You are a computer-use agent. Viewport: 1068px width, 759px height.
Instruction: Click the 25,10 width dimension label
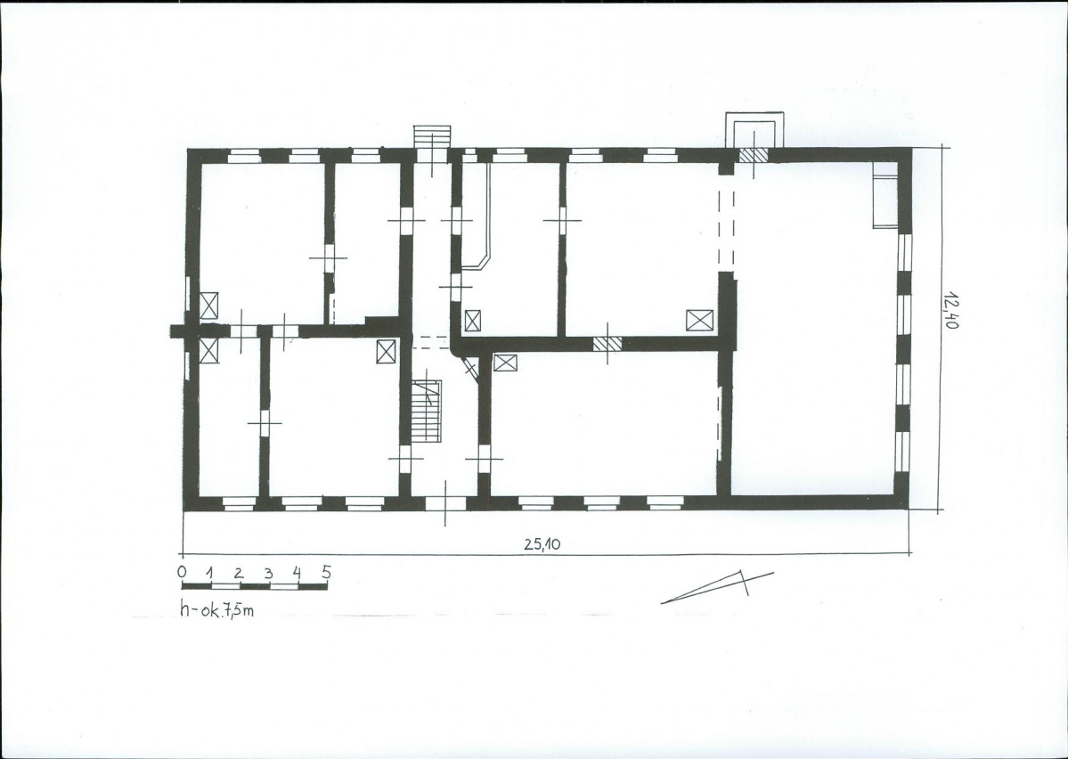pos(542,543)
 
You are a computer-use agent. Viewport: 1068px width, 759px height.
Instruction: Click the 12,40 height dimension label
pos(951,310)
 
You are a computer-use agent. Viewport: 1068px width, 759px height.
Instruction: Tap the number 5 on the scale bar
pos(327,572)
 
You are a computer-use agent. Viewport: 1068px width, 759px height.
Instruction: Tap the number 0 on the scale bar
pos(182,571)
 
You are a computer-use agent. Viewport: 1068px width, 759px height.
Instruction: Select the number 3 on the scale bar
pos(268,573)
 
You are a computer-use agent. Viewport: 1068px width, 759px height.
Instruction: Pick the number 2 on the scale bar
pos(239,572)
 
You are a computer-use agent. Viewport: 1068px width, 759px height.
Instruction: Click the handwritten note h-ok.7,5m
pos(216,608)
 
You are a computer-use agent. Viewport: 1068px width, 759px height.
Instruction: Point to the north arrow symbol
pos(716,587)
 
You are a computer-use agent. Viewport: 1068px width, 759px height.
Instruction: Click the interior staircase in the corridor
pos(427,411)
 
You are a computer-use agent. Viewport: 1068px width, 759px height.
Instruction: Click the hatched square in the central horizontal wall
pos(607,344)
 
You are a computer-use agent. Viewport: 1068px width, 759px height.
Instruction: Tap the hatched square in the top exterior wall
pos(754,155)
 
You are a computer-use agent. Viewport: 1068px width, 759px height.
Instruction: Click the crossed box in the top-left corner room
pos(209,306)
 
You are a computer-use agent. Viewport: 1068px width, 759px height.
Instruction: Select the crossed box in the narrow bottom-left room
pos(209,350)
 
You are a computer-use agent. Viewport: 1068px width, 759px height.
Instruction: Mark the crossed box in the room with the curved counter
pos(472,320)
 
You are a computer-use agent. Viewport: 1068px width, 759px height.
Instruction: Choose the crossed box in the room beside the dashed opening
pos(699,320)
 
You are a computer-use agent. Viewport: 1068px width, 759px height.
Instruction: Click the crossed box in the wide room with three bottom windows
pos(505,363)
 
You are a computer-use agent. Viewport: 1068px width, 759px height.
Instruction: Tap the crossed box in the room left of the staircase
pos(387,352)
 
